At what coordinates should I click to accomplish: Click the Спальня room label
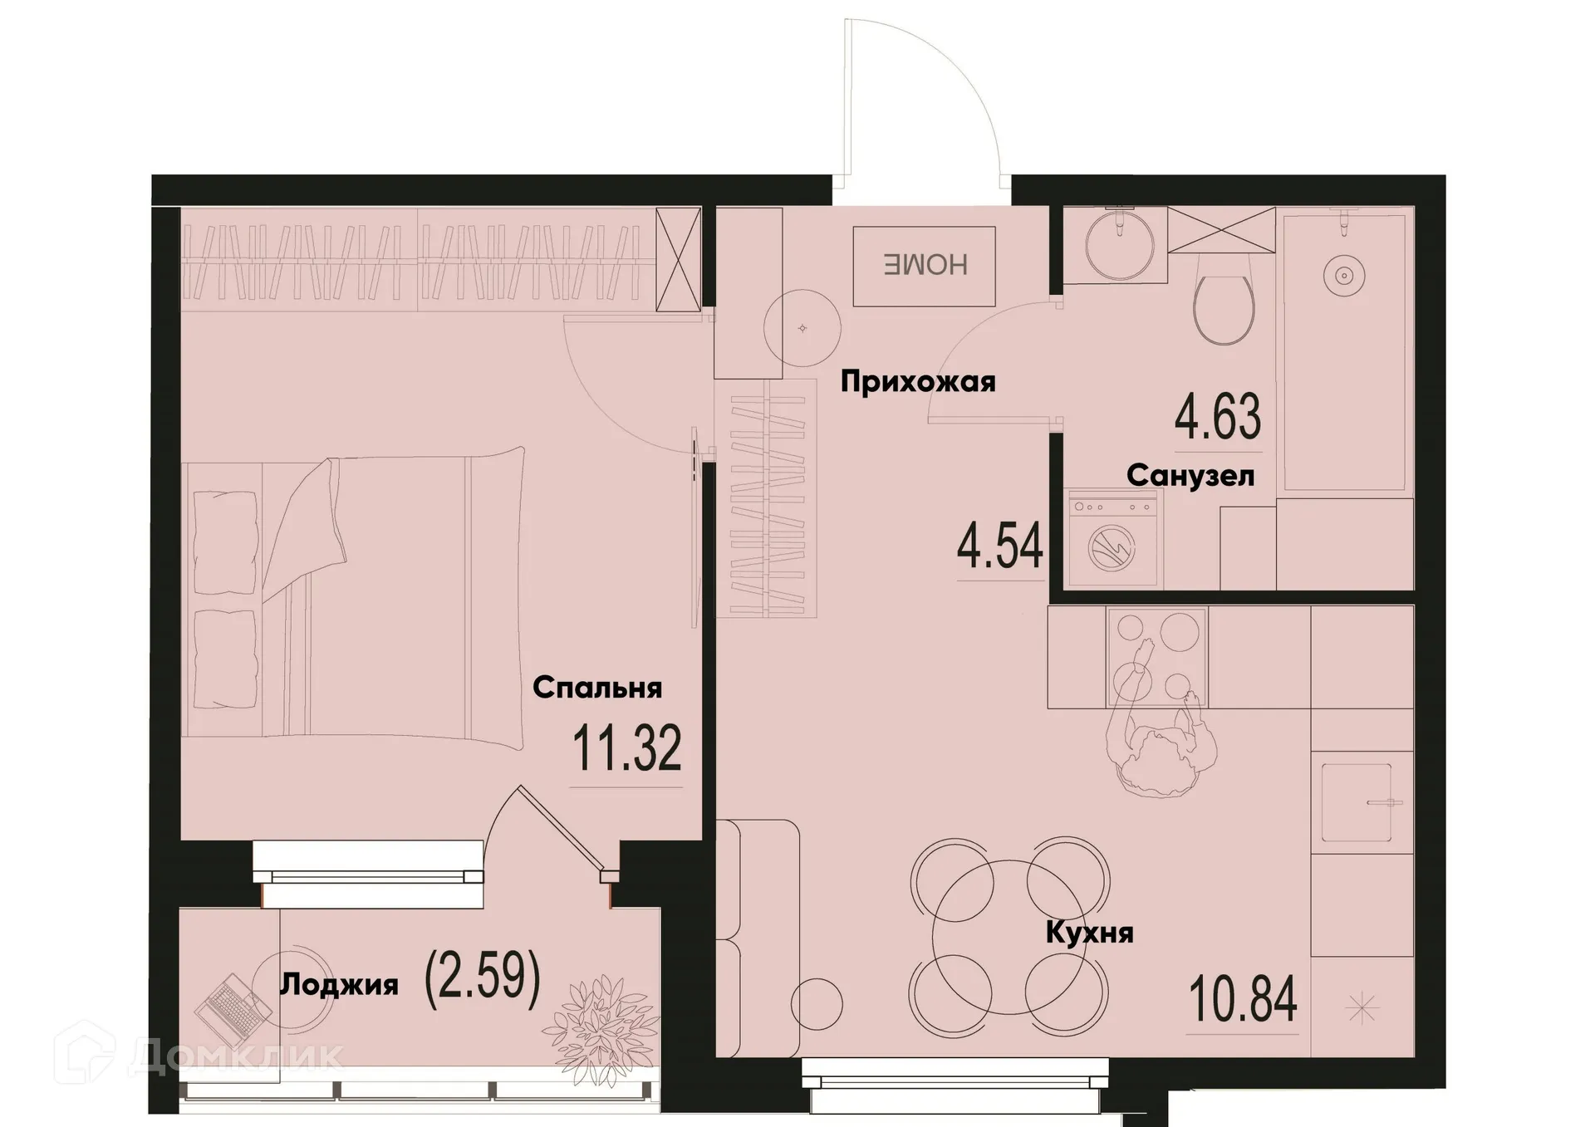click(596, 688)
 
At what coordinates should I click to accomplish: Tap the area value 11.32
click(626, 748)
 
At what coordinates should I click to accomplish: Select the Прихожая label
click(917, 382)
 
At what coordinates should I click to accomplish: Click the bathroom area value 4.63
click(1217, 417)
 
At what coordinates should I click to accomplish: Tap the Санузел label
click(1190, 476)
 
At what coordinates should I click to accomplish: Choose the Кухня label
click(1088, 933)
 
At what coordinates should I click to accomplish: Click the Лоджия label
click(339, 985)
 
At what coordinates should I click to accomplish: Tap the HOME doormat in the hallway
click(924, 265)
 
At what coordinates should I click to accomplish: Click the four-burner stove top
click(1156, 657)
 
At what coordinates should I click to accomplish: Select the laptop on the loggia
click(233, 1010)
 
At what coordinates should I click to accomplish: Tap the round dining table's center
click(1009, 937)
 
